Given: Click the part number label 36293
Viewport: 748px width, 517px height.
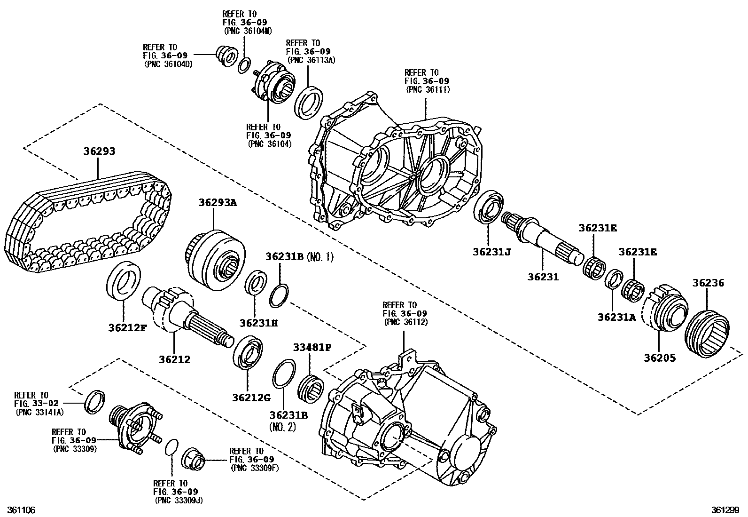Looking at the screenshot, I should pos(99,151).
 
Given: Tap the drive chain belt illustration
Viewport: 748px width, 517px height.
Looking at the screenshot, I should pos(89,221).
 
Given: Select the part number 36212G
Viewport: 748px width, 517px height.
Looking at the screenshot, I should pos(251,398).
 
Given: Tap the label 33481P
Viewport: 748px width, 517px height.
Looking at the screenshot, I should pos(312,348).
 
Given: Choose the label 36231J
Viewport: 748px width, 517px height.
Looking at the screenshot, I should pos(492,252).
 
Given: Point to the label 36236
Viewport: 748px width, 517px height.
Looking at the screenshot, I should pos(708,283).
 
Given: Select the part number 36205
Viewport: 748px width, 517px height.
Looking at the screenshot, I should pos(659,358).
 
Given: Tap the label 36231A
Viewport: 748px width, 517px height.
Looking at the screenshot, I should pos(616,317).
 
